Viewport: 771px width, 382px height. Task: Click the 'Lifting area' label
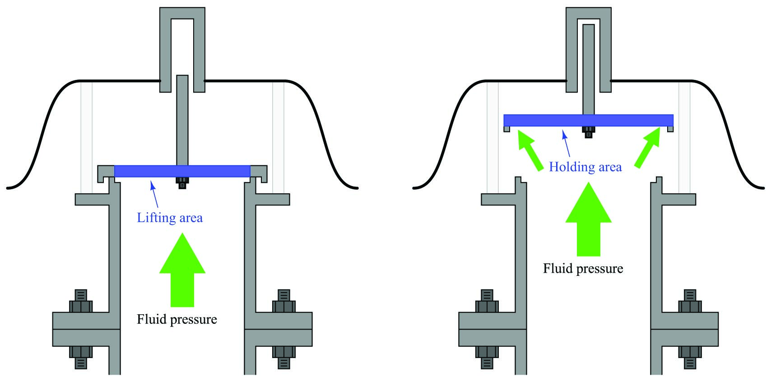click(170, 218)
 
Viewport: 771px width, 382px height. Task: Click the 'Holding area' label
click(585, 167)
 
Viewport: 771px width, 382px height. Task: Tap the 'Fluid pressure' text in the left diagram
click(177, 319)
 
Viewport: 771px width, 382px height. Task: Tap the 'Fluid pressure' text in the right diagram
click(583, 268)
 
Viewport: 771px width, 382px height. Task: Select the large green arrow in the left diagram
click(182, 270)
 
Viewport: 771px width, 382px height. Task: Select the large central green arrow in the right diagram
click(589, 219)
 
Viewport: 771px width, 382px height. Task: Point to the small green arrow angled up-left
click(530, 150)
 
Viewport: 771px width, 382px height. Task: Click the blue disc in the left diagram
click(182, 171)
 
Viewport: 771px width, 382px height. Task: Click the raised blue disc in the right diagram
click(589, 121)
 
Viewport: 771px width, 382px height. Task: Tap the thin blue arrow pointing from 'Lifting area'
click(154, 195)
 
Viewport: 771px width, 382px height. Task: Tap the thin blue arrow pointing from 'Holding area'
click(566, 144)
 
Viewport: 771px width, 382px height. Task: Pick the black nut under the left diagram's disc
click(182, 183)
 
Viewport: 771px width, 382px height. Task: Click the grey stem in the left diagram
click(182, 120)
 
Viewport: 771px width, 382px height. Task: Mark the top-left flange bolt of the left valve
click(81, 301)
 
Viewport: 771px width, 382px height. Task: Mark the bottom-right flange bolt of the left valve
click(284, 358)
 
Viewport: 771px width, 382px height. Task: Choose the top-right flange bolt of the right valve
click(690, 301)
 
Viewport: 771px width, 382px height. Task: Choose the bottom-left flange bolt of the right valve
click(487, 358)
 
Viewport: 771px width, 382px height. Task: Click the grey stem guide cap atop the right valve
click(589, 13)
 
